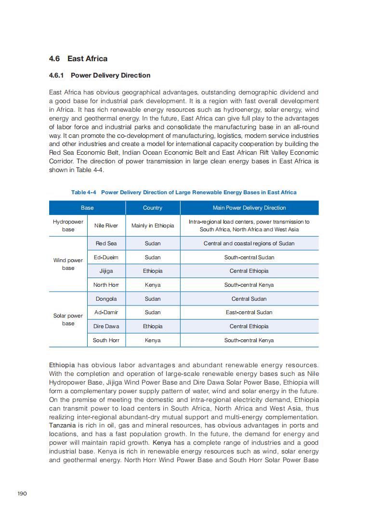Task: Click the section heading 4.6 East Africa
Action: click(x=78, y=59)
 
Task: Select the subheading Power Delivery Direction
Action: click(x=100, y=75)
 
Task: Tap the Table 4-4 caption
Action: click(x=184, y=192)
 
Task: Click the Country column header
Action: click(x=153, y=208)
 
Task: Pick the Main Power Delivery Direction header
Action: click(x=249, y=208)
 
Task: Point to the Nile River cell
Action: click(x=106, y=226)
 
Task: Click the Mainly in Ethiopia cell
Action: click(x=153, y=226)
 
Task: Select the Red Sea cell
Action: click(x=106, y=243)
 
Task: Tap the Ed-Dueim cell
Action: click(x=106, y=257)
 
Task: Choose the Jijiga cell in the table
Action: click(x=106, y=271)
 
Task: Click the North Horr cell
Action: click(x=106, y=285)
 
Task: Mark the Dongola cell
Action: click(x=106, y=299)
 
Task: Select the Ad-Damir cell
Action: click(x=106, y=312)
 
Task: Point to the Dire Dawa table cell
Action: click(x=106, y=326)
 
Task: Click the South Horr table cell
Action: click(x=106, y=340)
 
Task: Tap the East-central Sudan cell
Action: click(x=249, y=312)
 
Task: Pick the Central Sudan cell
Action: click(x=249, y=299)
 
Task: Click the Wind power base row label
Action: click(x=68, y=264)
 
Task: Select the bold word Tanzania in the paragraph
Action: click(x=62, y=426)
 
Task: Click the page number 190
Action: click(x=22, y=493)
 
